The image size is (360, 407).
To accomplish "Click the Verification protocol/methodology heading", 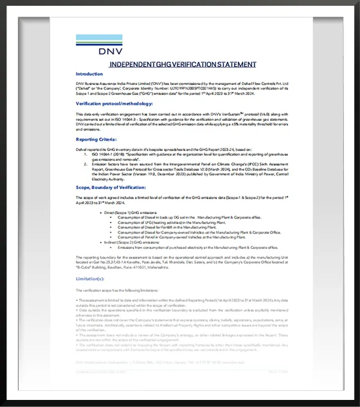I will [114, 104].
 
